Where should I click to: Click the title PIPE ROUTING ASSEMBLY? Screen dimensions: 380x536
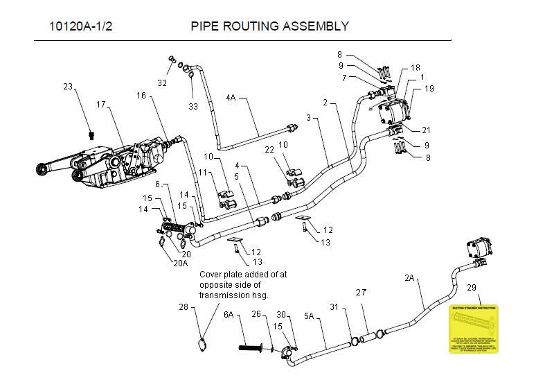click(269, 27)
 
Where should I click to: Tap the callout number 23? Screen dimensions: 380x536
click(68, 87)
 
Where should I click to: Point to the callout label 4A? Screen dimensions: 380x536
click(231, 98)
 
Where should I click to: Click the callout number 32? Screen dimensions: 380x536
click(162, 83)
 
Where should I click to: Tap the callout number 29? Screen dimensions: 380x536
click(471, 286)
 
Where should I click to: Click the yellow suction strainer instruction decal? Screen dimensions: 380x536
click(474, 329)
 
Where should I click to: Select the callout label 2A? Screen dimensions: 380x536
click(409, 278)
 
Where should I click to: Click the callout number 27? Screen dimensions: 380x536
click(360, 292)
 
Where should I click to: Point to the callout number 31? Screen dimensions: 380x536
click(334, 307)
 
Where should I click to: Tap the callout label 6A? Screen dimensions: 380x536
click(229, 314)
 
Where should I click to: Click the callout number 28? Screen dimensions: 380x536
click(183, 306)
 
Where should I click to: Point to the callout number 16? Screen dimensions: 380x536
click(141, 96)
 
